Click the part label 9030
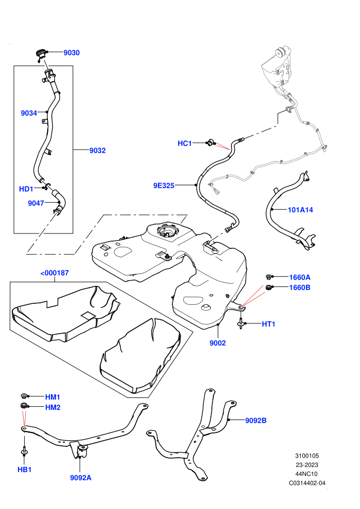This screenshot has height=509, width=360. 71,52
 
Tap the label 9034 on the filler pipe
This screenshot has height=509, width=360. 29,113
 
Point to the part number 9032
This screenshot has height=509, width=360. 97,150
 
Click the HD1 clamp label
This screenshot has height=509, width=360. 26,189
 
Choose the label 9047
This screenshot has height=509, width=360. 35,203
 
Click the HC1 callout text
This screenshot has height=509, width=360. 185,143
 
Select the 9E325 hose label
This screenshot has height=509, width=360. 164,186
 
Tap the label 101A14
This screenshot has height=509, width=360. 300,210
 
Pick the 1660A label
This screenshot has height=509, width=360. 300,277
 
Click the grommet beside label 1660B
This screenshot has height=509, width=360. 269,287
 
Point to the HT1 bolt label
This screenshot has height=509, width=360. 268,324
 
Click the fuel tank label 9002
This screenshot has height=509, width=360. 218,343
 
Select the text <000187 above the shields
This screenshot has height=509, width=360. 55,273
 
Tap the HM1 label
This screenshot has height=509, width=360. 52,397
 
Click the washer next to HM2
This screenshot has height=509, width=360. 24,406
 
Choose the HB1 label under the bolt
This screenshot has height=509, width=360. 24,469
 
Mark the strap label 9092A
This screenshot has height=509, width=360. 81,478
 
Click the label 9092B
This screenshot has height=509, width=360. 256,421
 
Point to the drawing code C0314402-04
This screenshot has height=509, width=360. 307,483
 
